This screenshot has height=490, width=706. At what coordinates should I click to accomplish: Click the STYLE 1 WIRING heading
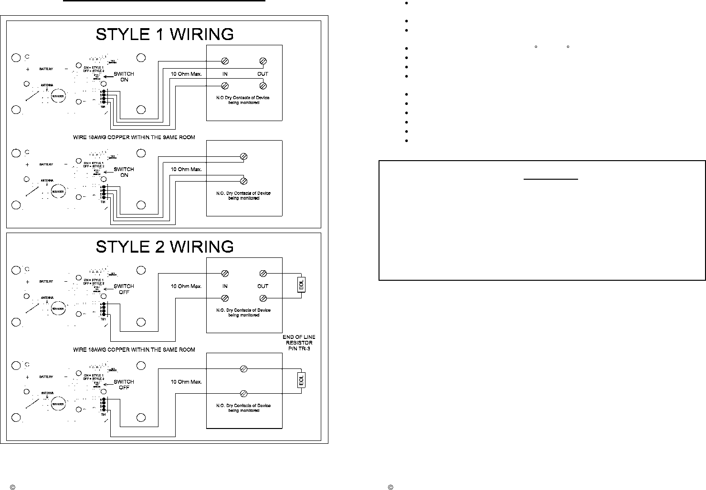tap(165, 34)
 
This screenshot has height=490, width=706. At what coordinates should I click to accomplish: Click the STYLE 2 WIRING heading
tap(165, 246)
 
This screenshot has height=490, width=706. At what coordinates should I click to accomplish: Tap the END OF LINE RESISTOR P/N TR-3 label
tap(299, 343)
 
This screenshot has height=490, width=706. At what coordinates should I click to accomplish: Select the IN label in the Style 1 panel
tap(225, 74)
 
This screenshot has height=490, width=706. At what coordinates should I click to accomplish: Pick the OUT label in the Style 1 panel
tap(263, 74)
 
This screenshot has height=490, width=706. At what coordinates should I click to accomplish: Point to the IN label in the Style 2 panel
tap(225, 286)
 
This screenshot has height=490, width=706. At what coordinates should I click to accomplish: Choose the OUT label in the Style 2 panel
tap(263, 286)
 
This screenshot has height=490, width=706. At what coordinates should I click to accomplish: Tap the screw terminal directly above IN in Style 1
tap(225, 61)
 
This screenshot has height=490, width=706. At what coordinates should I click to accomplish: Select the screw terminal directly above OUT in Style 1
tap(263, 61)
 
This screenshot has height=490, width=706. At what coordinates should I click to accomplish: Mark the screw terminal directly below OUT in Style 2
tap(263, 298)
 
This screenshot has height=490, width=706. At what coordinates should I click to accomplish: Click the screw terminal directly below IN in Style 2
tap(225, 298)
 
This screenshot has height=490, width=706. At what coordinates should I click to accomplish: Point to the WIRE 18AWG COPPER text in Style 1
tap(134, 137)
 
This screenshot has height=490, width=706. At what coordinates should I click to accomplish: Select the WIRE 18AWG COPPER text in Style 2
tap(134, 349)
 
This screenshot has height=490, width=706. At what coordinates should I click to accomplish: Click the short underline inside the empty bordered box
tap(551, 180)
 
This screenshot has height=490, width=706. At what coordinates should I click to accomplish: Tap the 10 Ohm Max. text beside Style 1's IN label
tap(186, 74)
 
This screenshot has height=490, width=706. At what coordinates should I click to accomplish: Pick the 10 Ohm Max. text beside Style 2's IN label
tap(186, 286)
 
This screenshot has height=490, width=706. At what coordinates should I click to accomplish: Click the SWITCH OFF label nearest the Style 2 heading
tap(124, 289)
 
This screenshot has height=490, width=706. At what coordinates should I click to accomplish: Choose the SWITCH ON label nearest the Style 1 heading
tap(124, 77)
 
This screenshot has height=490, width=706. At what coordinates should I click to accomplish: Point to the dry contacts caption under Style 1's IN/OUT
tap(244, 100)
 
